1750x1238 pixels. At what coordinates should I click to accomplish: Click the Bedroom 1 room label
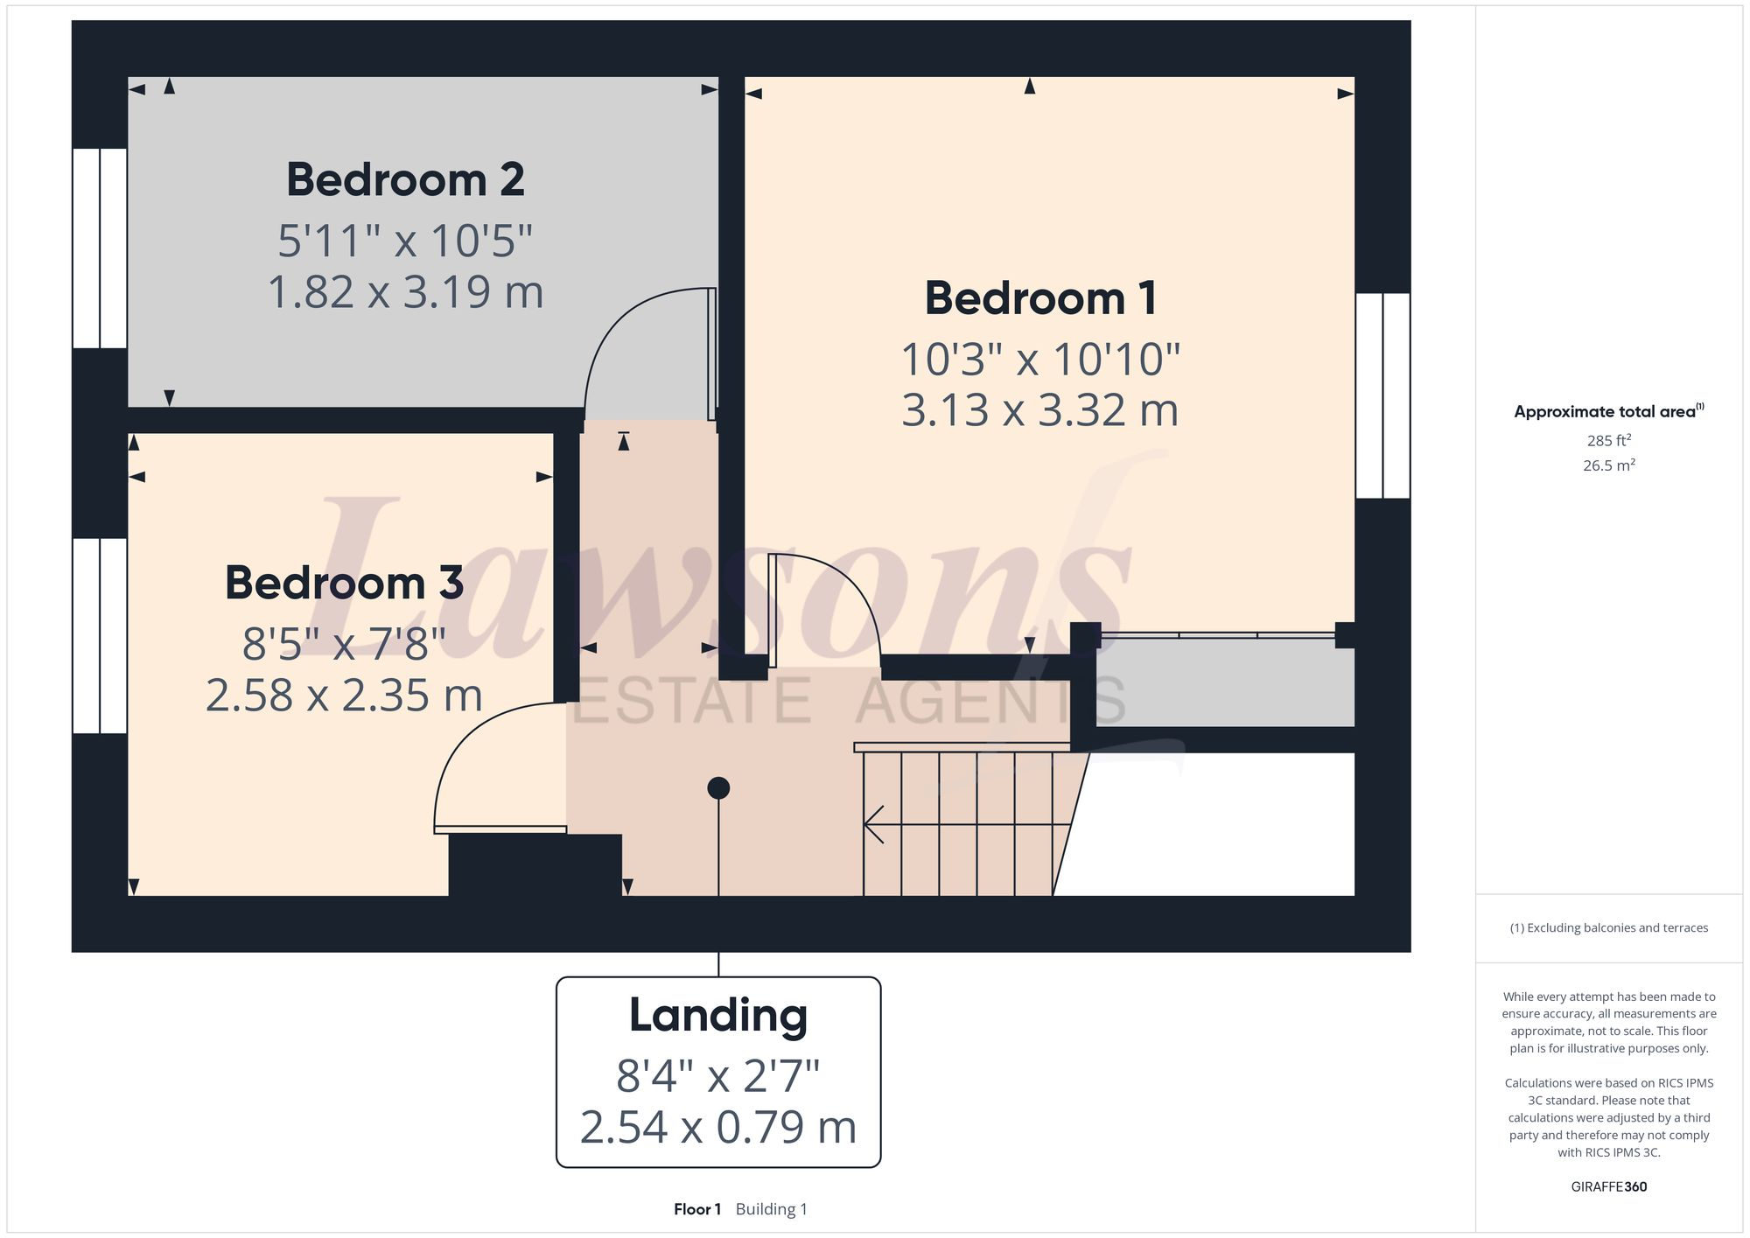1040,298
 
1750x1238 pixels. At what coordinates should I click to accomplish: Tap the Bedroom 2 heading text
405,180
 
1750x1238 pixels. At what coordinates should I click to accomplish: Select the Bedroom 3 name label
344,584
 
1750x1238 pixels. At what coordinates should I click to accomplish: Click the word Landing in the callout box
717,1016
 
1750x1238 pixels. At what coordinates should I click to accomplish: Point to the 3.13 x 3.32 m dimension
1040,410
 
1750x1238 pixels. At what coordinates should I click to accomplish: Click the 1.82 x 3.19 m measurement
405,292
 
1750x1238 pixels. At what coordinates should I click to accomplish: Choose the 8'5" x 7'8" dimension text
344,645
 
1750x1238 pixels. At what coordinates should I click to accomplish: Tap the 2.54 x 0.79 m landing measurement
717,1128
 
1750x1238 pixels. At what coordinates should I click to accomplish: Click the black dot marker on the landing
718,788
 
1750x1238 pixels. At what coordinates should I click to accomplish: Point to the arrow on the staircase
875,824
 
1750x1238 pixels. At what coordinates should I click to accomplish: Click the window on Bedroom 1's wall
1382,395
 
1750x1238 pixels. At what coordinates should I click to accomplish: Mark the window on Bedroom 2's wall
100,248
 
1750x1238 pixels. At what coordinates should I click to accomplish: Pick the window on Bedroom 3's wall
100,635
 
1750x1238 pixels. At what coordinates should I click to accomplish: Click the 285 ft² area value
1608,441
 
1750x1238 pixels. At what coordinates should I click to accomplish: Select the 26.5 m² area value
1608,465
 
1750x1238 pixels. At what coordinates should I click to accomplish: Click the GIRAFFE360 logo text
1608,1187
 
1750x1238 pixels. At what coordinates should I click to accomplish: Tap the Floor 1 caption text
697,1209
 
